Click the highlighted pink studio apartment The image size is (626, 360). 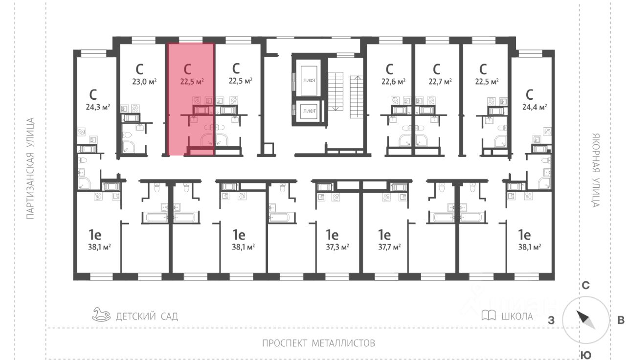point(191,98)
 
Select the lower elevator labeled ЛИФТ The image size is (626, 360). point(309,111)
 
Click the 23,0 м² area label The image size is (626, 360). point(144,82)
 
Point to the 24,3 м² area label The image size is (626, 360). point(97,106)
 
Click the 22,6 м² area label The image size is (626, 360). point(393,82)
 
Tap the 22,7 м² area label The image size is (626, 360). point(440,82)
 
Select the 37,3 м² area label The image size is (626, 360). point(337,247)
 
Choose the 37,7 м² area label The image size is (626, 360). point(389,247)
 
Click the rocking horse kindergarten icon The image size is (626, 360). point(101,314)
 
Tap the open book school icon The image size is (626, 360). point(489,315)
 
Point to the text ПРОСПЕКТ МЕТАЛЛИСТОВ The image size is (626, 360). point(318,343)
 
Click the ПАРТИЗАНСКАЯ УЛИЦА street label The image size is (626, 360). point(30,168)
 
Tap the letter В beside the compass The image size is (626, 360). point(621,321)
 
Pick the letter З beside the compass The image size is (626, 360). point(551,321)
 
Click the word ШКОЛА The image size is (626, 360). point(517,316)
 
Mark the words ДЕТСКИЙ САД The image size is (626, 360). point(147,316)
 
